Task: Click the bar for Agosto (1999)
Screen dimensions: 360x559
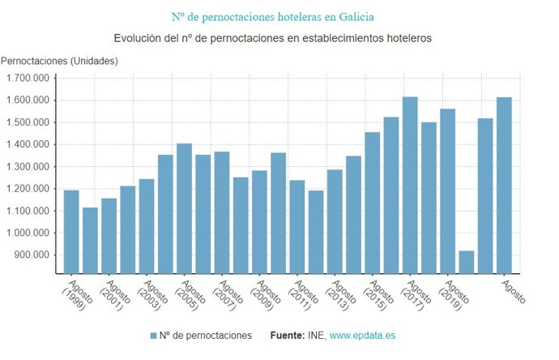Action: (x=71, y=232)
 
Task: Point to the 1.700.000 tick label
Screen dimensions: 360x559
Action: (x=28, y=78)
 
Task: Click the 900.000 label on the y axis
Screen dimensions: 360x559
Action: (x=33, y=255)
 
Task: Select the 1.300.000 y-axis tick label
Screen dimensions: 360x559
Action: (x=28, y=166)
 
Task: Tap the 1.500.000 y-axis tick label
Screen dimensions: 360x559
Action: (x=28, y=122)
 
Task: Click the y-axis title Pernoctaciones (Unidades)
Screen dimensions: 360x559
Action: (x=60, y=61)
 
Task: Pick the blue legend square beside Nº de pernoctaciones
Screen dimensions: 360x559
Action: (x=154, y=335)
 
